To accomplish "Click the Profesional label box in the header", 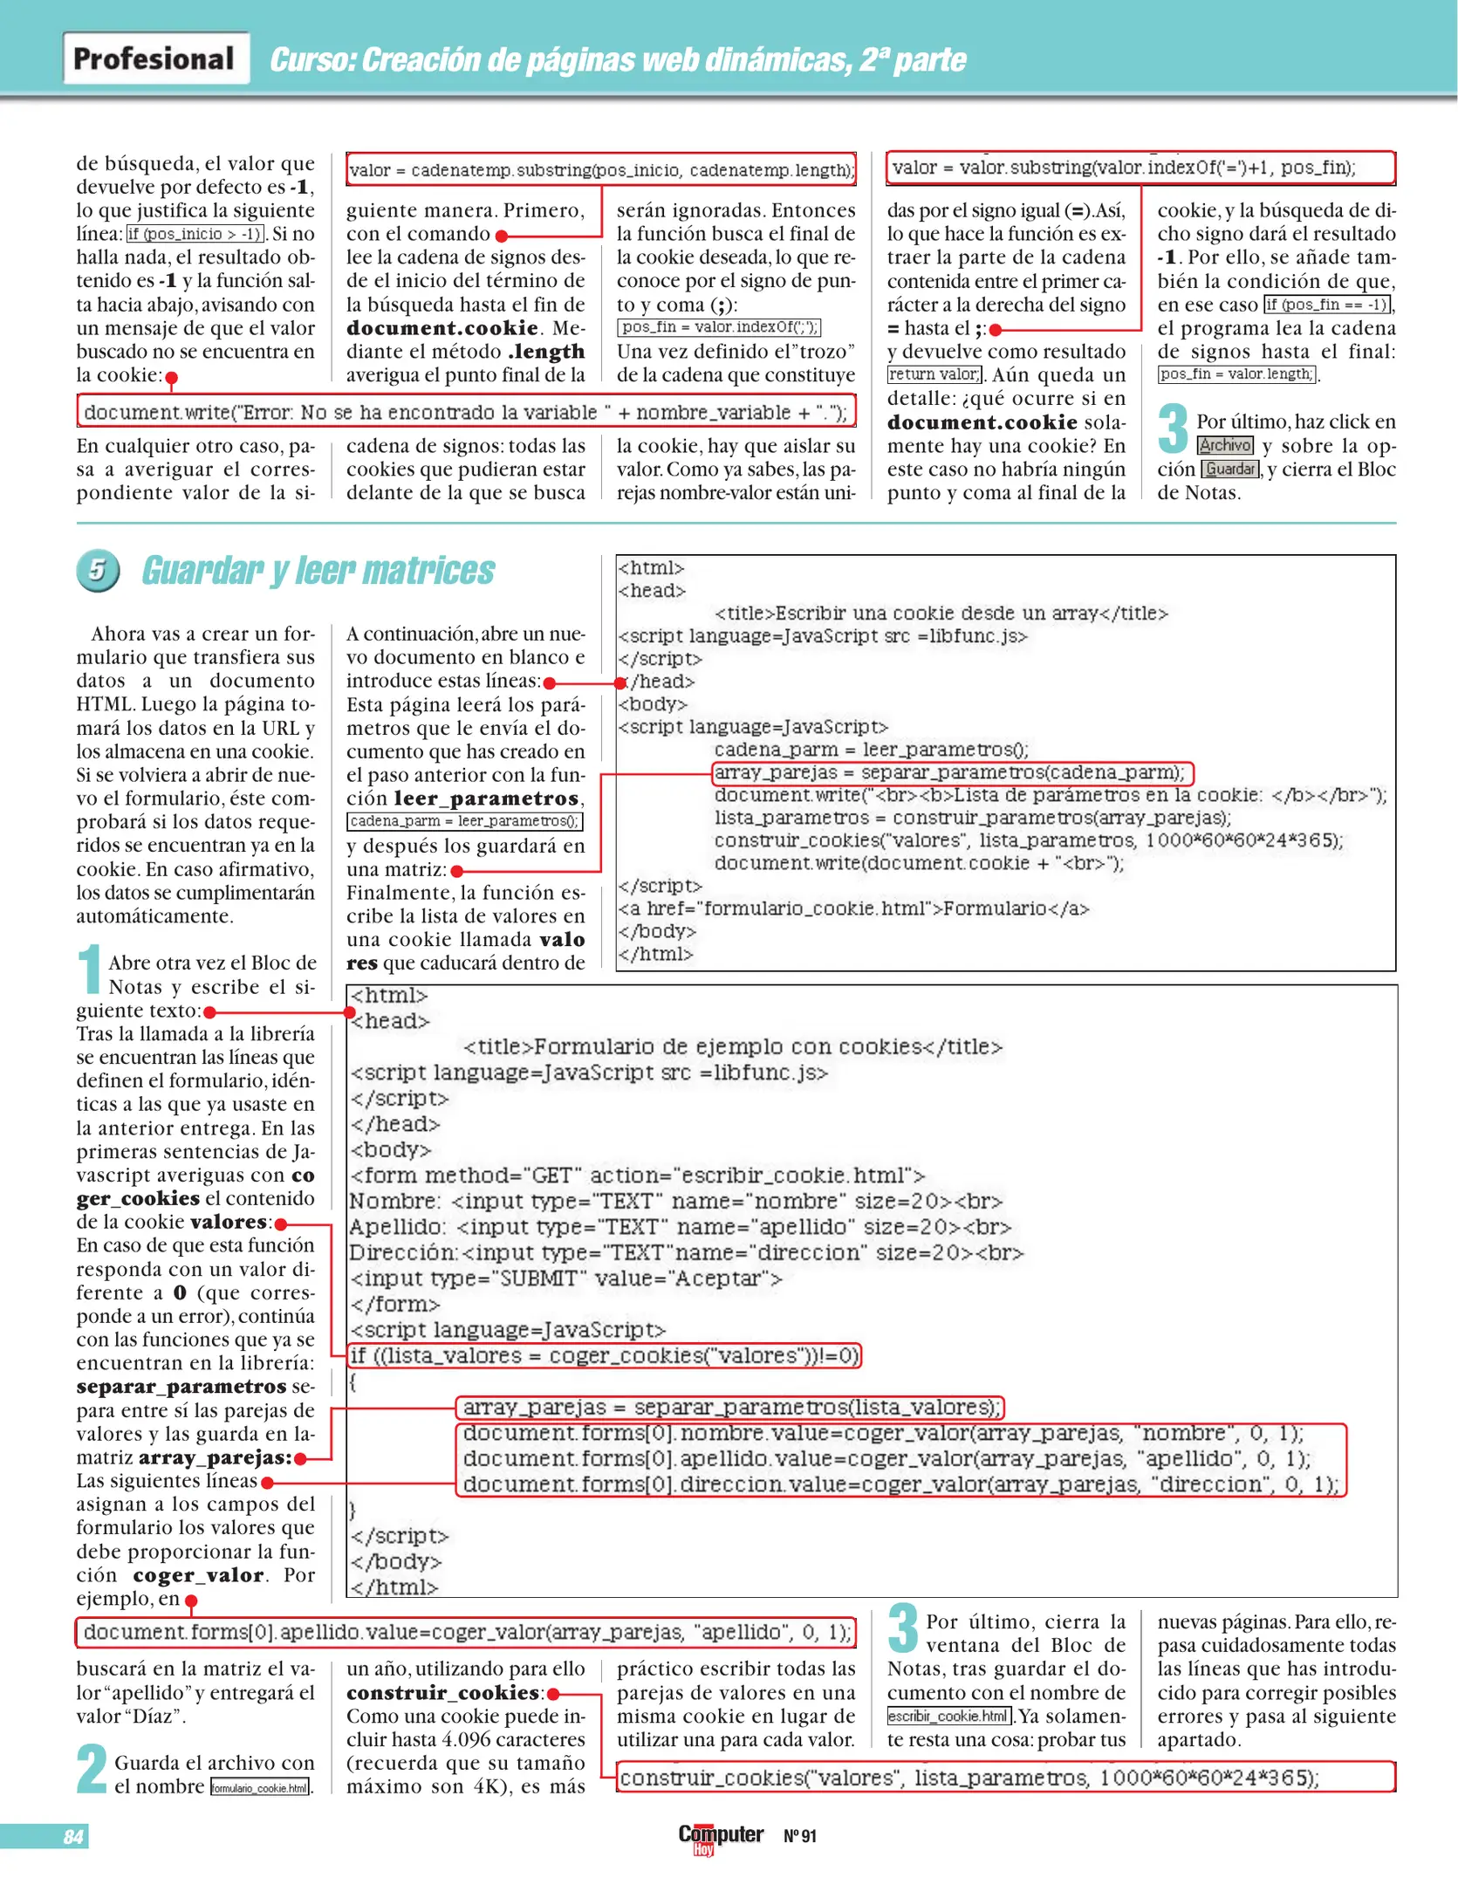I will tap(155, 58).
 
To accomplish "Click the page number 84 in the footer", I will tap(73, 1836).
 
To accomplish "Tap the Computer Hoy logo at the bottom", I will tap(720, 1837).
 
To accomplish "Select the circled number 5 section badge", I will tap(98, 570).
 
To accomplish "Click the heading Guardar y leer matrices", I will tap(318, 571).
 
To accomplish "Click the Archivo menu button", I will tap(1224, 445).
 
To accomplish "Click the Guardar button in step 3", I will tap(1230, 469).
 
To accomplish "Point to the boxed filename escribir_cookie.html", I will tap(948, 1716).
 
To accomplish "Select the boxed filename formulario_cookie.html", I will tap(260, 1787).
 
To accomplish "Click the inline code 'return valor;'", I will tap(934, 374).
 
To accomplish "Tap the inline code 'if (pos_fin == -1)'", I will tap(1327, 305).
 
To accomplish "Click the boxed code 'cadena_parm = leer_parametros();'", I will tap(464, 821).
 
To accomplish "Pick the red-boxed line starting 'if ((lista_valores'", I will tap(604, 1355).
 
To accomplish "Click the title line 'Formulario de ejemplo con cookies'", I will tap(732, 1046).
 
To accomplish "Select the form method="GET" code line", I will tap(637, 1176).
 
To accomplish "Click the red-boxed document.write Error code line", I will tap(466, 412).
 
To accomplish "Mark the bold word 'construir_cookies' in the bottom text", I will tap(442, 1693).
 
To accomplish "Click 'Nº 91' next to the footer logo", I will tap(799, 1836).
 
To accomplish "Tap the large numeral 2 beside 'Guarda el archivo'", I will tap(92, 1769).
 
